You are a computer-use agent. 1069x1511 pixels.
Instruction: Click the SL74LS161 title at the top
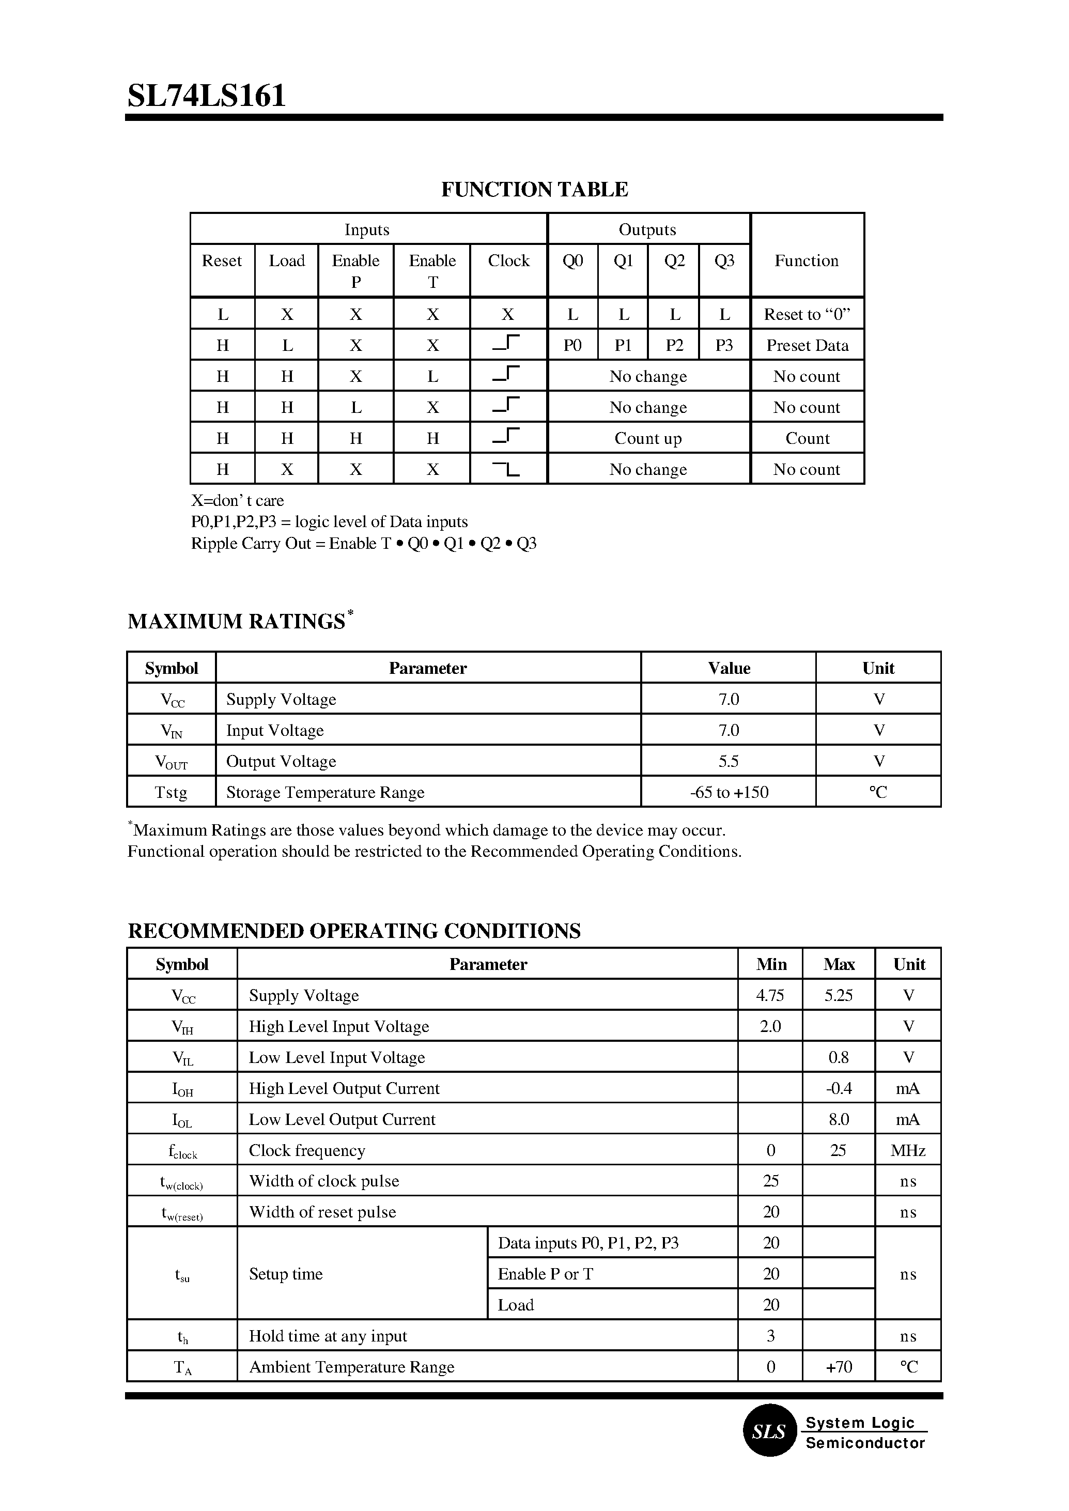(x=206, y=96)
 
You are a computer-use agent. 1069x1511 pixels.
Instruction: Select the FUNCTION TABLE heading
(x=534, y=190)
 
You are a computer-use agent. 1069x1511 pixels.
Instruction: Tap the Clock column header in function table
(x=508, y=261)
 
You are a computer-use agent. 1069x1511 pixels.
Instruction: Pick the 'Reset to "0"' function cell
(x=807, y=314)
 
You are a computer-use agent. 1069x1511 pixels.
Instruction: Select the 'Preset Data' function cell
(x=807, y=345)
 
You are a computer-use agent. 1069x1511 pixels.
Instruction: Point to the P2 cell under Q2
(x=674, y=345)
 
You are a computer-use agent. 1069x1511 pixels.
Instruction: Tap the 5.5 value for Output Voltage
(x=728, y=761)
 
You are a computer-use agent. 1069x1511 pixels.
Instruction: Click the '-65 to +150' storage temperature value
(x=729, y=792)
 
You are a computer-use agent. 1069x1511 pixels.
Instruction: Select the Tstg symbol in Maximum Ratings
(x=171, y=792)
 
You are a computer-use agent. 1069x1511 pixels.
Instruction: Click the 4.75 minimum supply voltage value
(x=770, y=995)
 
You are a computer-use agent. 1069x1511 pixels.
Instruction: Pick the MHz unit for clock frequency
(x=908, y=1150)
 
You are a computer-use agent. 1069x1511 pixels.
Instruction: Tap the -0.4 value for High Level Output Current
(x=838, y=1088)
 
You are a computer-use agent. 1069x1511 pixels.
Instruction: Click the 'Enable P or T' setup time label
(x=545, y=1274)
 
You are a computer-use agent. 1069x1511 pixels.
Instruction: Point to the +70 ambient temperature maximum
(x=838, y=1367)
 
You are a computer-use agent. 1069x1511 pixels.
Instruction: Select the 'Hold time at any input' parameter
(x=328, y=1336)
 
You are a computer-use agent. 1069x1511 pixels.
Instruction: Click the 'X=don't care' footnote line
(x=238, y=500)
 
